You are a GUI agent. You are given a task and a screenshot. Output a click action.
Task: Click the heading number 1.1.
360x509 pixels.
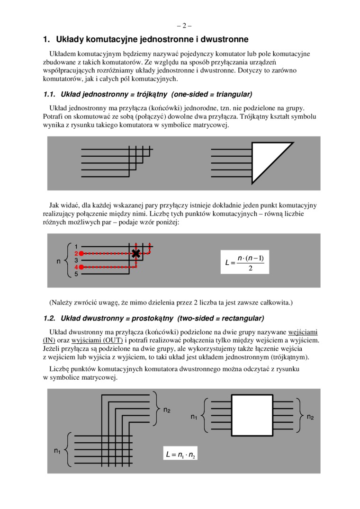point(49,94)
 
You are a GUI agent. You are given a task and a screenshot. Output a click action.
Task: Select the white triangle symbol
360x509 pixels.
point(268,159)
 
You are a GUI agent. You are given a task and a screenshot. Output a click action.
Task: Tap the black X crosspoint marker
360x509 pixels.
point(136,253)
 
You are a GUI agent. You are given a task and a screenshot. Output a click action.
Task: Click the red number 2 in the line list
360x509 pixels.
point(76,253)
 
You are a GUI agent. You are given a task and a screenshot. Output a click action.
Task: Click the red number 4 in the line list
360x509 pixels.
point(76,267)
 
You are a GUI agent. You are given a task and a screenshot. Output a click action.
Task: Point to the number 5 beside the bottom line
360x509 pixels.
point(76,274)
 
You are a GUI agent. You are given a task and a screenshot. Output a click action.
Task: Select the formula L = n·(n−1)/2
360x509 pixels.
point(245,262)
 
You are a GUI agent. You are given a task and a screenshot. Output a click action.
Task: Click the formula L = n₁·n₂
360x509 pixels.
point(180,455)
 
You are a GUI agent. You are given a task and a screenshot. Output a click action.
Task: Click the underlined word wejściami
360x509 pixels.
point(303,332)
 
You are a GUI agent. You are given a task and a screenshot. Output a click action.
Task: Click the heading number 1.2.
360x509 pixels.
point(49,318)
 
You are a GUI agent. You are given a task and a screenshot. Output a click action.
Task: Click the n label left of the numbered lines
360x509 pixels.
point(58,260)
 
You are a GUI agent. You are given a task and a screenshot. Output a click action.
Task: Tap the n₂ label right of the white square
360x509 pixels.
point(310,417)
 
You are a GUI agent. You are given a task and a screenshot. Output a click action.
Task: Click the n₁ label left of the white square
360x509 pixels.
point(194,417)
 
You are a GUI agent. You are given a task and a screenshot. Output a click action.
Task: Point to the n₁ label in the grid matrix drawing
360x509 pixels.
point(57,451)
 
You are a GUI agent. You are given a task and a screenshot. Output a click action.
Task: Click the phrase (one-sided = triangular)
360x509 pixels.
point(212,94)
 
